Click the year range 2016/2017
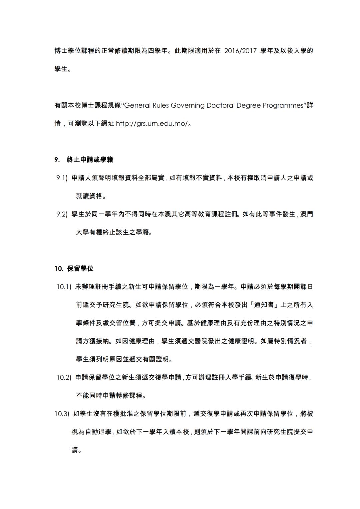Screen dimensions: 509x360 pos(240,51)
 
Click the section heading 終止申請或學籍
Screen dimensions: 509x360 pos(90,160)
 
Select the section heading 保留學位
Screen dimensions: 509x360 pos(80,269)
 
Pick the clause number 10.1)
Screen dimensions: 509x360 pos(64,287)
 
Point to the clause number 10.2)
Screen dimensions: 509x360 pos(64,378)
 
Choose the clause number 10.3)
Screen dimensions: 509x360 pos(62,414)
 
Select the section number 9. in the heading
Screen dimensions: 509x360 pos(57,160)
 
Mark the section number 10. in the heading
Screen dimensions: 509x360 pos(59,269)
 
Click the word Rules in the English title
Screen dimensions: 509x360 pos(161,106)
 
